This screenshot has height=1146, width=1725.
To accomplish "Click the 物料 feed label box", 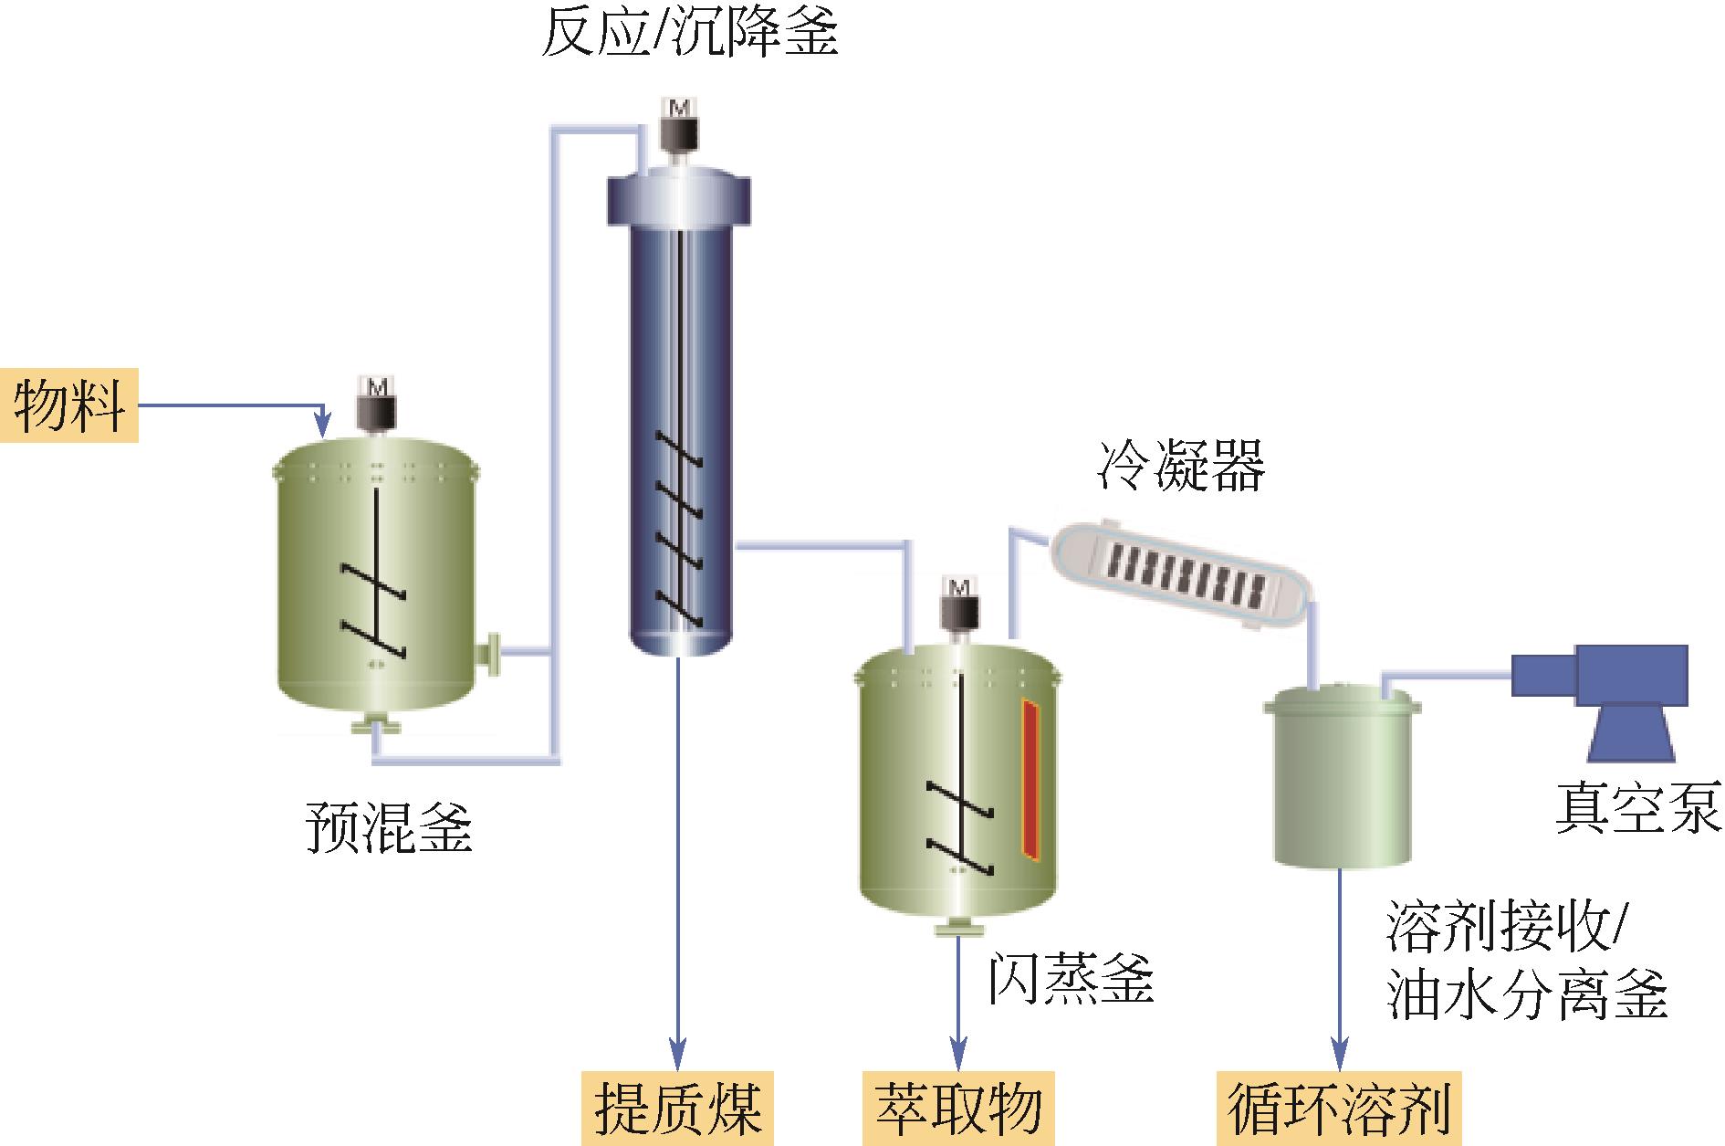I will point(69,405).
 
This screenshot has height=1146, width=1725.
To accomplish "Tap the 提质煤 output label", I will point(677,1108).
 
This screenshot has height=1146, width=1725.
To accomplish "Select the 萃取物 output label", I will point(958,1108).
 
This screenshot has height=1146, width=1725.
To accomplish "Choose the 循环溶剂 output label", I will point(1339,1108).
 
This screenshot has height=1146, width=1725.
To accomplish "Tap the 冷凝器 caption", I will point(1180,468).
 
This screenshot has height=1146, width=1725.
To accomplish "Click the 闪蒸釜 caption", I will point(1072,980).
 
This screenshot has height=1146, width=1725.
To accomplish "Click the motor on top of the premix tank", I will point(376,405).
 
